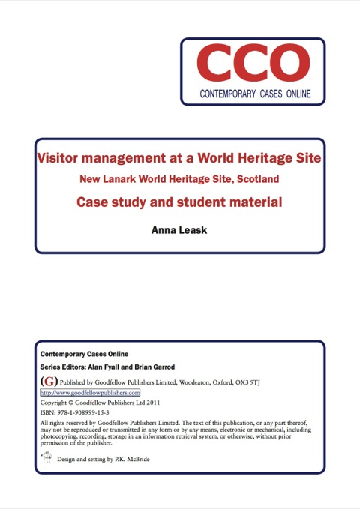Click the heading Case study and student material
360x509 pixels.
pos(179,202)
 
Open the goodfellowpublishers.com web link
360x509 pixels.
pos(89,392)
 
